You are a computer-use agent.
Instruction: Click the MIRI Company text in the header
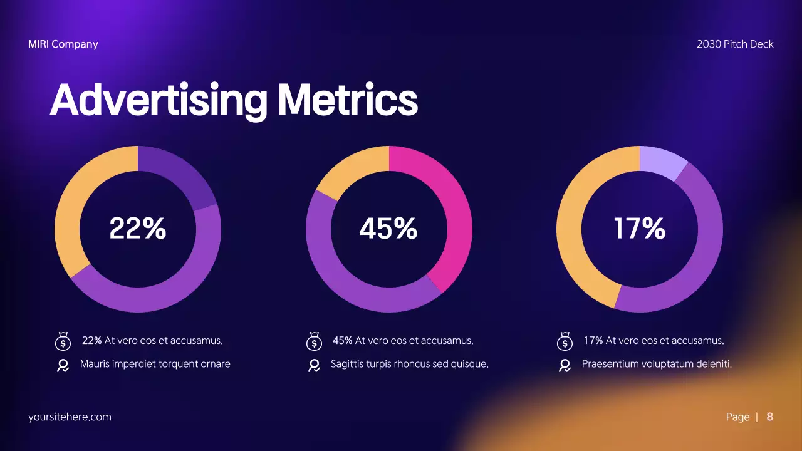pos(63,44)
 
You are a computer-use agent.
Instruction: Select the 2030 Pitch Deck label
pos(735,44)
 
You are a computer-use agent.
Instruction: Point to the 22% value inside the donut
pos(138,229)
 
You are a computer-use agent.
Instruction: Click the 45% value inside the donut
pos(388,229)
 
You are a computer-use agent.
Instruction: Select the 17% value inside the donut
pos(639,229)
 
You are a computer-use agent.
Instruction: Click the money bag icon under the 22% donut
pos(63,341)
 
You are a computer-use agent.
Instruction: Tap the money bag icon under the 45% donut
pos(313,341)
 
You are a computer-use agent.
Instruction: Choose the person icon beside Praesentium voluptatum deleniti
pos(565,365)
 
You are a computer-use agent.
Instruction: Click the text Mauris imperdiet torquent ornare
pos(155,364)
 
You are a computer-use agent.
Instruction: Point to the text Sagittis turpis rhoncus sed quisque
pos(409,364)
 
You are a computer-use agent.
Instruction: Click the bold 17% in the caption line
pos(593,341)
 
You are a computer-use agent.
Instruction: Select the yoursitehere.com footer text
pos(70,417)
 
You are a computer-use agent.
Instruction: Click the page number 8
pos(769,417)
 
